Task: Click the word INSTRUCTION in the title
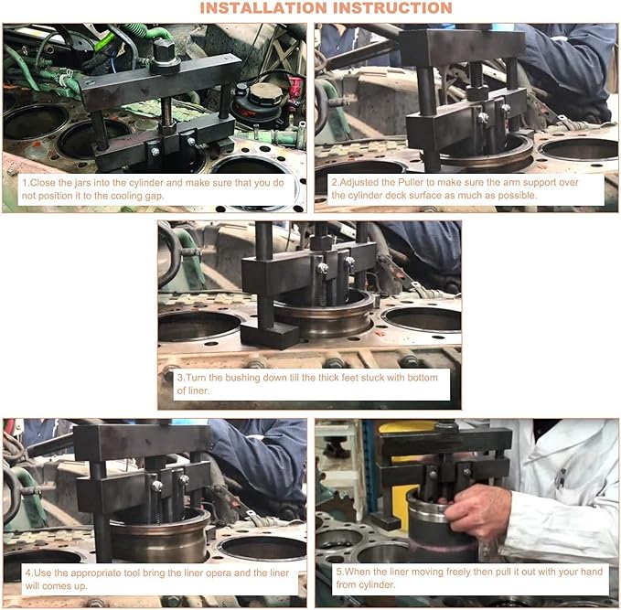coord(396,8)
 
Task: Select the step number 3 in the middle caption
coord(179,378)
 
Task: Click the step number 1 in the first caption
coord(25,183)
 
